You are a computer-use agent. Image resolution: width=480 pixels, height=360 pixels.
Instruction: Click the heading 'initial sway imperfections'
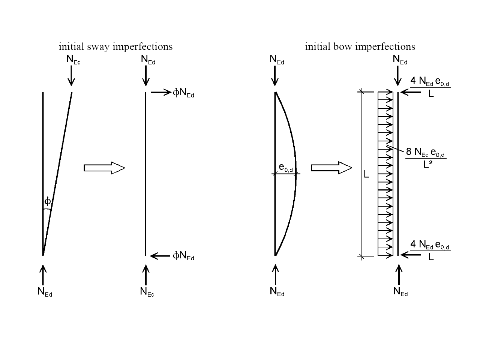(x=115, y=46)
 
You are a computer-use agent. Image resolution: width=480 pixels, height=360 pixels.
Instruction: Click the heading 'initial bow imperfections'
(x=360, y=46)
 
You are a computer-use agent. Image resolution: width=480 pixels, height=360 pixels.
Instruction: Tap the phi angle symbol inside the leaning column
(x=48, y=201)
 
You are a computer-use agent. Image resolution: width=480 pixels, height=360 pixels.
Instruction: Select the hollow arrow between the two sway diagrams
(x=104, y=168)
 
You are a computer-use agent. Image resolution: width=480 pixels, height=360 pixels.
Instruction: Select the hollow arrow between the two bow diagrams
(x=331, y=168)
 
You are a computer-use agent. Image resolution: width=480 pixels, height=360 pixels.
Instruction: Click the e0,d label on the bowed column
(x=286, y=168)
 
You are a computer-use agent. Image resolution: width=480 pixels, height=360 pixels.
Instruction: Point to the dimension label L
(x=367, y=174)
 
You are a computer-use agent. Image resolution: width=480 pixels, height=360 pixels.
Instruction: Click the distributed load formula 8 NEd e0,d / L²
(x=426, y=157)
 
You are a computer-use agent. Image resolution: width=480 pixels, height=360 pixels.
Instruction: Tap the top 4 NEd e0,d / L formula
(x=430, y=87)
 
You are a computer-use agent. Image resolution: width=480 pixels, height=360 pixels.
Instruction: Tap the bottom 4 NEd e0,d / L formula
(x=430, y=250)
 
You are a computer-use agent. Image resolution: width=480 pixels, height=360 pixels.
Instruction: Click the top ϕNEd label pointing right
(x=183, y=93)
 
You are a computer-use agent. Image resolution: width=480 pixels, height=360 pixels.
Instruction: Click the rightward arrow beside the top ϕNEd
(x=161, y=93)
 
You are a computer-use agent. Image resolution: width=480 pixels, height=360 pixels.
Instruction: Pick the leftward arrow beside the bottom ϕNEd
(x=160, y=256)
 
